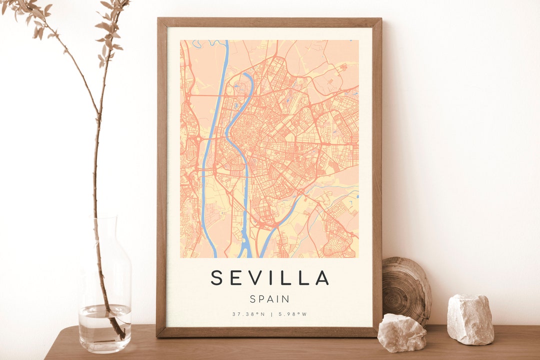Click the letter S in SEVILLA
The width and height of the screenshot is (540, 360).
pyautogui.click(x=217, y=277)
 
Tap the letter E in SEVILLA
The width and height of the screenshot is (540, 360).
pyautogui.click(x=236, y=277)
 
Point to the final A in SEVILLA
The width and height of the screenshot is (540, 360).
pyautogui.click(x=322, y=277)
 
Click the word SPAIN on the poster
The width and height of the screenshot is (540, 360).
pyautogui.click(x=269, y=299)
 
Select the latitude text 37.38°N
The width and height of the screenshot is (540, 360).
pyautogui.click(x=248, y=314)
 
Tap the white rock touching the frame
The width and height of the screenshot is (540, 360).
pyautogui.click(x=401, y=332)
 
